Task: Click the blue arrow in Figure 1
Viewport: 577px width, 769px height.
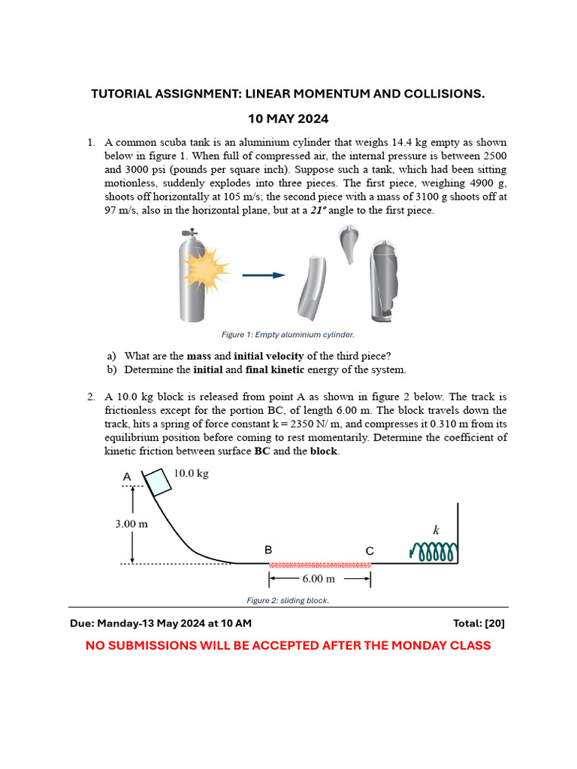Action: click(264, 275)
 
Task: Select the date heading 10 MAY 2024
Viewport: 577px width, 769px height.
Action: click(288, 119)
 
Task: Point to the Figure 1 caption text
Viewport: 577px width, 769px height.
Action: click(288, 335)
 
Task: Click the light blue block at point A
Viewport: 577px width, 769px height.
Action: click(158, 482)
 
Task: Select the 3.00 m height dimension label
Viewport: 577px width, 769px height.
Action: click(131, 523)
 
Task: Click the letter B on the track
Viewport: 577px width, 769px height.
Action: click(268, 550)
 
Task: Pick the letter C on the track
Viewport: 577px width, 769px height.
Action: click(370, 550)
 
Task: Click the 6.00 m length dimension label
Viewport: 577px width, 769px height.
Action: click(319, 579)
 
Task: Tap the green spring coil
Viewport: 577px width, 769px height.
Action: click(434, 553)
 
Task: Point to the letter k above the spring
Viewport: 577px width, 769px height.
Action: click(436, 530)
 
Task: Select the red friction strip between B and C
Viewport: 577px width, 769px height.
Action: click(319, 564)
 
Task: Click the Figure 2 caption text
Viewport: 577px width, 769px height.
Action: click(288, 601)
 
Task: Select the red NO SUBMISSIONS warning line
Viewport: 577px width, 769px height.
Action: click(288, 645)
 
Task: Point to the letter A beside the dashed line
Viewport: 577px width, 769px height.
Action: click(126, 476)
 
